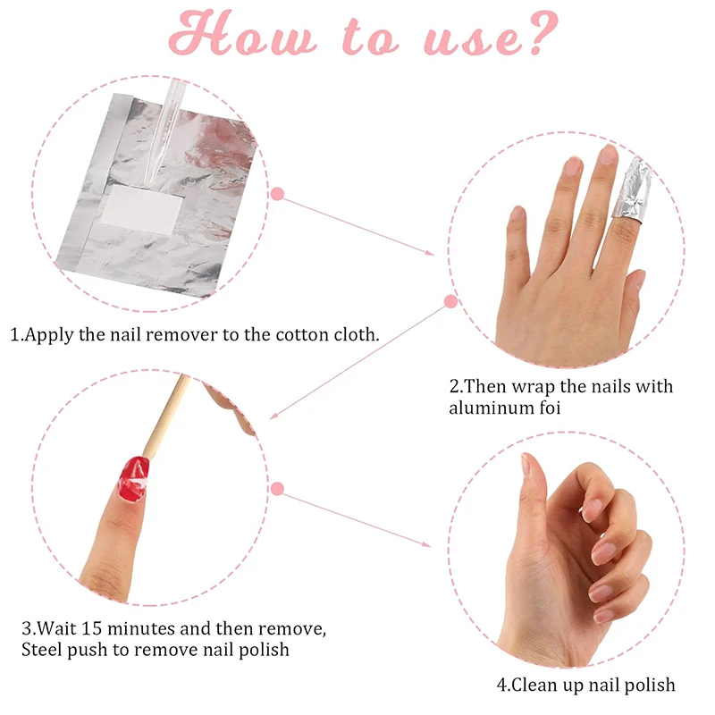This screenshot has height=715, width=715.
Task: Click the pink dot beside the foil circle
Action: pos(277,193)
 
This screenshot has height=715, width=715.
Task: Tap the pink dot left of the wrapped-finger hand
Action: pos(451,302)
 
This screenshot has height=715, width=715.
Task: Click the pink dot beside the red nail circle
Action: pos(277,489)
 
